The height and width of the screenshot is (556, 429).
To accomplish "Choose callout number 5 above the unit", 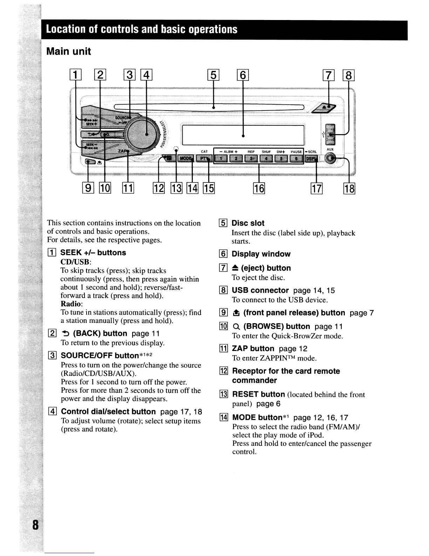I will tap(213, 75).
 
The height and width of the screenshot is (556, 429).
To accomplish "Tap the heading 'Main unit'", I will tap(69, 52).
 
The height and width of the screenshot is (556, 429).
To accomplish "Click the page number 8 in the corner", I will tap(35, 526).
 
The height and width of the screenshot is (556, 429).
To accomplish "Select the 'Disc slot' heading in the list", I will tap(248, 223).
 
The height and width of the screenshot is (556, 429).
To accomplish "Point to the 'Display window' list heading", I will tap(261, 254).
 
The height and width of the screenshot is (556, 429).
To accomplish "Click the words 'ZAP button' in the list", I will tap(253, 349).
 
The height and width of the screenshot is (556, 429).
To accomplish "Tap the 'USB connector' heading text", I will tap(260, 291).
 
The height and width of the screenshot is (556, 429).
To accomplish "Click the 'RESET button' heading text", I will tap(258, 395).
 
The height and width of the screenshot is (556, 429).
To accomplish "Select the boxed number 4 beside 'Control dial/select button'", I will tap(52, 412).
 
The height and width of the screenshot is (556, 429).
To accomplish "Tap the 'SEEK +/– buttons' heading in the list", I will tap(93, 253).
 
